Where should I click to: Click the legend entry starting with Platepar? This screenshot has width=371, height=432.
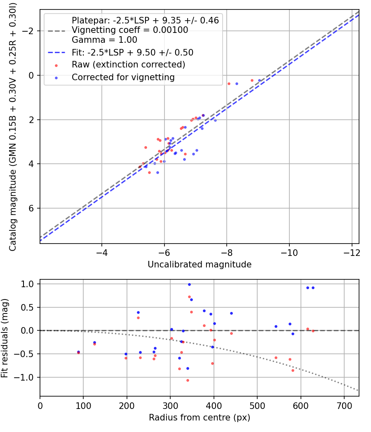tap(145, 20)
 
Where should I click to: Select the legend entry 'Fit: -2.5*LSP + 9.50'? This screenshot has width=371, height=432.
tap(132, 53)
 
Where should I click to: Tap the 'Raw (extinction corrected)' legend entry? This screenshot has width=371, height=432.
tap(128, 65)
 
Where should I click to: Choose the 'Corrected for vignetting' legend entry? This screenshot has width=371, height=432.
tap(123, 77)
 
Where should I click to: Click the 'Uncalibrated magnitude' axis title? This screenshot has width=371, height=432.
tap(200, 265)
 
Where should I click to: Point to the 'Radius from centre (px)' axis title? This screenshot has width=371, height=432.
tap(200, 417)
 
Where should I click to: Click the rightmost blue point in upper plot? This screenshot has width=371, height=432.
tap(259, 81)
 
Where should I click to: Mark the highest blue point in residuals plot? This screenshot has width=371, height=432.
tap(189, 284)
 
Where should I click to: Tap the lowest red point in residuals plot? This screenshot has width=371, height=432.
tap(188, 380)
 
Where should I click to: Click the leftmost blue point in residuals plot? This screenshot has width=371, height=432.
tap(78, 352)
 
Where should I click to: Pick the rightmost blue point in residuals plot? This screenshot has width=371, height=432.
tap(313, 288)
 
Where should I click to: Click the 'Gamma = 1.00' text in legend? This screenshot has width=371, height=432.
tap(104, 40)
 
